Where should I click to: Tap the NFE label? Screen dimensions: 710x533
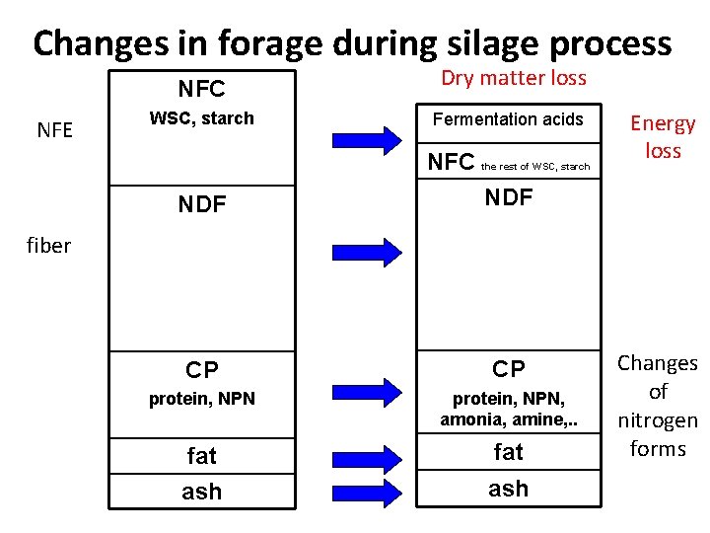54,129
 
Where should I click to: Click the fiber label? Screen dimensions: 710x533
48,246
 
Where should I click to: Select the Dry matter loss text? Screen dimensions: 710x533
513,78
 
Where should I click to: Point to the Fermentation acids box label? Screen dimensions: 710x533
508,119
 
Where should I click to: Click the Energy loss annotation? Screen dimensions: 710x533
663,136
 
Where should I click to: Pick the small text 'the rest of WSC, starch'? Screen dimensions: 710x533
534,166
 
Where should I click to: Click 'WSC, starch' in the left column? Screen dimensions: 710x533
201,118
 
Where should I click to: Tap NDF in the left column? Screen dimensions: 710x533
201,205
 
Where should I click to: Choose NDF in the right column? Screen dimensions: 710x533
508,197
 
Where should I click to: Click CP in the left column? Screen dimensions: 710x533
201,370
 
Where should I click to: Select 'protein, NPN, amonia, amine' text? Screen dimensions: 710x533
508,408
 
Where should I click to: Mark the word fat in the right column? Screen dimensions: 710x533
508,452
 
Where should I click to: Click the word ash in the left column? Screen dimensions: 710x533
201,491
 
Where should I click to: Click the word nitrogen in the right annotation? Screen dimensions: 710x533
658,419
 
